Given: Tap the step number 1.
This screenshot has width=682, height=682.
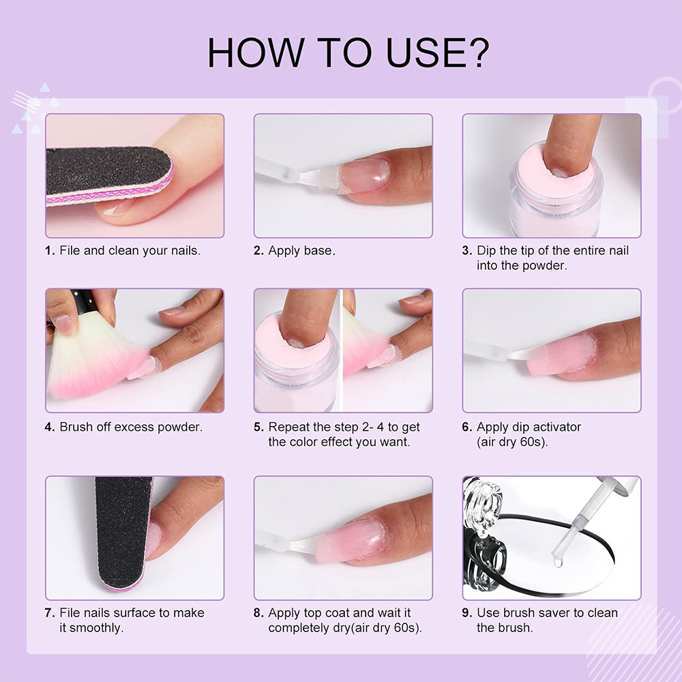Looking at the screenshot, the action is pyautogui.click(x=50, y=250).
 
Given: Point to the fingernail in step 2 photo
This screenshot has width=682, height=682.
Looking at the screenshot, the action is pyautogui.click(x=364, y=175).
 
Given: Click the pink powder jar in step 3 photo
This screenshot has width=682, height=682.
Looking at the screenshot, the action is pyautogui.click(x=557, y=192).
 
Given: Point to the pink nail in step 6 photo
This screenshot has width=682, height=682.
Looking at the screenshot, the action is pyautogui.click(x=562, y=355).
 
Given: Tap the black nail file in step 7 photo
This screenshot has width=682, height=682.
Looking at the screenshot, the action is pyautogui.click(x=122, y=533).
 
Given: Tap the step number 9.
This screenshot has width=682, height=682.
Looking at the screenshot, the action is pyautogui.click(x=466, y=613).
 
